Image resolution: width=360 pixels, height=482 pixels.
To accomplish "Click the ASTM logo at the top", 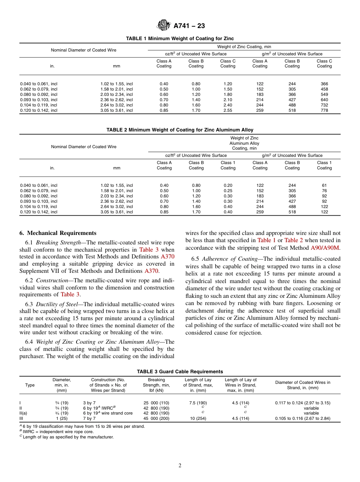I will pyautogui.click(x=164, y=26).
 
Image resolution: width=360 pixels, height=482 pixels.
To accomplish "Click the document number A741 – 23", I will pyautogui.click(x=189, y=26).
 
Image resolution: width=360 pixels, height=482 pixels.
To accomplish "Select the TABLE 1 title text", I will pyautogui.click(x=180, y=39).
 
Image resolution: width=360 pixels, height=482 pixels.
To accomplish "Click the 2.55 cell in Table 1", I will pyautogui.click(x=227, y=110).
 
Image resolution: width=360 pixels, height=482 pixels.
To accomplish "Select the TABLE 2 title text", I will pyautogui.click(x=180, y=130).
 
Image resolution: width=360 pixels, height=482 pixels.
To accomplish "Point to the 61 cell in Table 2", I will pyautogui.click(x=324, y=186).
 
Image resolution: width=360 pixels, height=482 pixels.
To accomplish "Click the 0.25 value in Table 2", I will pyautogui.click(x=228, y=191).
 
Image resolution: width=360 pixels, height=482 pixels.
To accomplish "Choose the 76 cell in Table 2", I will pyautogui.click(x=324, y=191).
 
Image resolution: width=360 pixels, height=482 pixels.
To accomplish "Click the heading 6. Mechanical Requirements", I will pyautogui.click(x=58, y=233).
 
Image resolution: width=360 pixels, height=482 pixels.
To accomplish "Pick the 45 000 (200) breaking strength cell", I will pyautogui.click(x=156, y=418).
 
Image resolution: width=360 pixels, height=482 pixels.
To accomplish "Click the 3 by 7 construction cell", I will pyautogui.click(x=89, y=403).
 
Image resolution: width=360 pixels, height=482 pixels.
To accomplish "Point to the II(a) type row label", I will pyautogui.click(x=23, y=413).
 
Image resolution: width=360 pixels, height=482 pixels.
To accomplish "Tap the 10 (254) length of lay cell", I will pyautogui.click(x=198, y=418).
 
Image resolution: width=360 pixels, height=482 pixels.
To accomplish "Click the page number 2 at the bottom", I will pyautogui.click(x=180, y=466).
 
